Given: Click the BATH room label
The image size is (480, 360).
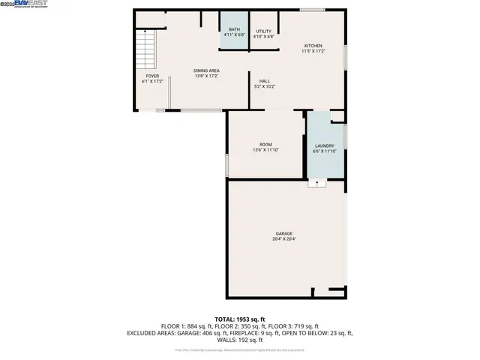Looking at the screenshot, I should point(234,29).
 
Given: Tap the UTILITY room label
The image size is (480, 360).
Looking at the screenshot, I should point(263,31).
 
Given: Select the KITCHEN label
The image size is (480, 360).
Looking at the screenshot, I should point(313,46).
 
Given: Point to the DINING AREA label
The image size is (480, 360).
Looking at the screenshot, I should point(206,70).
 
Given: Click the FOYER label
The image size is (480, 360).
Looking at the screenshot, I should point(152,76).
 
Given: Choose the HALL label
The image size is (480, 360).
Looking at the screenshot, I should point(265,81).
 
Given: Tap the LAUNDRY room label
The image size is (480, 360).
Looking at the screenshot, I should point(324,146).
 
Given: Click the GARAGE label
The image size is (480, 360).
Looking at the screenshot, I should point(283,234).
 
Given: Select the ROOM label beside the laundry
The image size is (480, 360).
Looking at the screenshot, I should point(265,144).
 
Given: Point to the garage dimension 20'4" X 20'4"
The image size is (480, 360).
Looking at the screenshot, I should point(284,240).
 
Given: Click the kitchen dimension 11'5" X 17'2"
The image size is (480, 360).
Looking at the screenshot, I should point(313,51).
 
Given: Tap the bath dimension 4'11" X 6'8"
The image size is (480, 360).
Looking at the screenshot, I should point(234,35).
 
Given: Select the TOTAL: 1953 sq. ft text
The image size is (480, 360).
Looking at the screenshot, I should point(240,319).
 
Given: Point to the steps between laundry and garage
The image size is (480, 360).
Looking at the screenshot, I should point(318,182).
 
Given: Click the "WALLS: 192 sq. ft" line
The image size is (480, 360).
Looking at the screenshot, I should point(240,340).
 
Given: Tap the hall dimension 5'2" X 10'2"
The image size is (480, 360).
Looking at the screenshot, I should point(265,87).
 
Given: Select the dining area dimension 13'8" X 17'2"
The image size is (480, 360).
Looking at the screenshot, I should point(206,76).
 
